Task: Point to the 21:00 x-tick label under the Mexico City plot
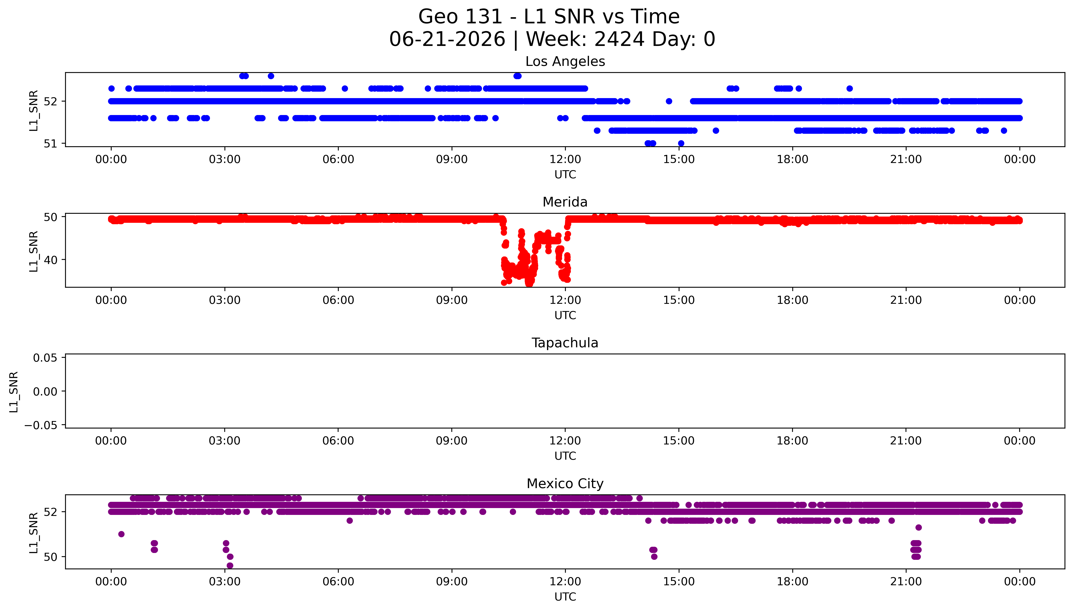point(906,582)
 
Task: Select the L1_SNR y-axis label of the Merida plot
point(34,251)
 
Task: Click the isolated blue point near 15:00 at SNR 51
point(681,143)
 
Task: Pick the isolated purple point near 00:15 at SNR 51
point(121,534)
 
